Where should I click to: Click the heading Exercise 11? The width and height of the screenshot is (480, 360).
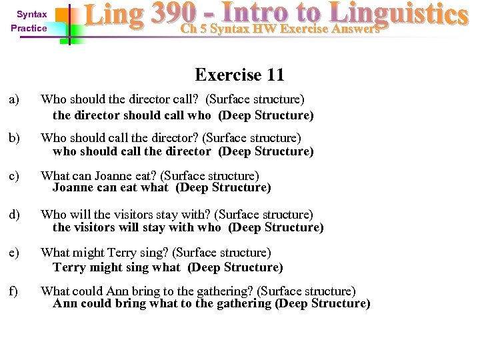(239, 74)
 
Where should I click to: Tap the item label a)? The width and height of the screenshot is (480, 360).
(14, 99)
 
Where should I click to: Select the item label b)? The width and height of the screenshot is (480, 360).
(14, 138)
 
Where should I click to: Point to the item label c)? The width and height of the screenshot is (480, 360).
(14, 176)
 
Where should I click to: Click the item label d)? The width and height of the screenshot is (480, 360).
(14, 215)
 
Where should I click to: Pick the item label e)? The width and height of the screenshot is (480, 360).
(14, 253)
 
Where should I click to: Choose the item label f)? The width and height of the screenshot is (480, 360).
(13, 291)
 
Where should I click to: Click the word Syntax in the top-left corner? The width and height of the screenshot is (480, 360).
(32, 14)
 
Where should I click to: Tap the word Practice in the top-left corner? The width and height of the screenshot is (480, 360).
(29, 28)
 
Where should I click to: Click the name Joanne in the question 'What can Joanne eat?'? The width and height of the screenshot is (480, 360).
(113, 176)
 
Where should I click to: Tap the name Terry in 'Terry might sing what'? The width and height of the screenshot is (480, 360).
(69, 267)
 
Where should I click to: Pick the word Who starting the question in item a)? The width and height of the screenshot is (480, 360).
(53, 99)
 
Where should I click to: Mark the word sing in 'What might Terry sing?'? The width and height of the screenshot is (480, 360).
(150, 253)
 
